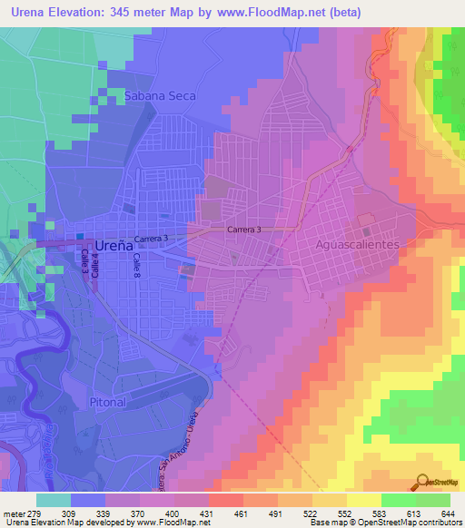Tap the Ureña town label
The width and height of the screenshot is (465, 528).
coord(114,245)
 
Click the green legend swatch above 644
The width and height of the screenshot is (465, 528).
coord(433,500)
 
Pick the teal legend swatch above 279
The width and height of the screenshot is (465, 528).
coord(54,500)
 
